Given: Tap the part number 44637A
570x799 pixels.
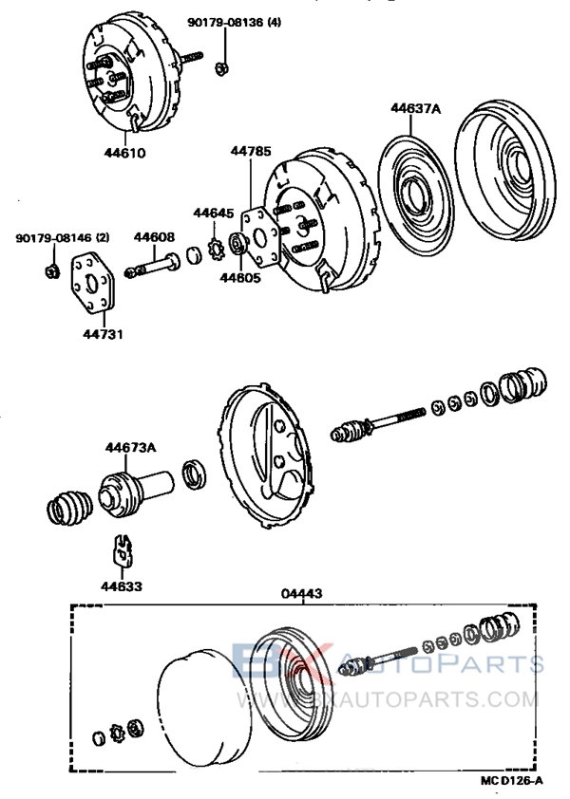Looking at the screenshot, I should (x=415, y=109).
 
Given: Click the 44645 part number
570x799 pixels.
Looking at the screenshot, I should (x=214, y=213).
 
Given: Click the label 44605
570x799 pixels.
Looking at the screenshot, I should (x=237, y=278).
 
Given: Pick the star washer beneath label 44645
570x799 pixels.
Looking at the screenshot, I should (x=214, y=250).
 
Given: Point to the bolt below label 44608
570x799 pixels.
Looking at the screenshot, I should (x=156, y=265).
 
